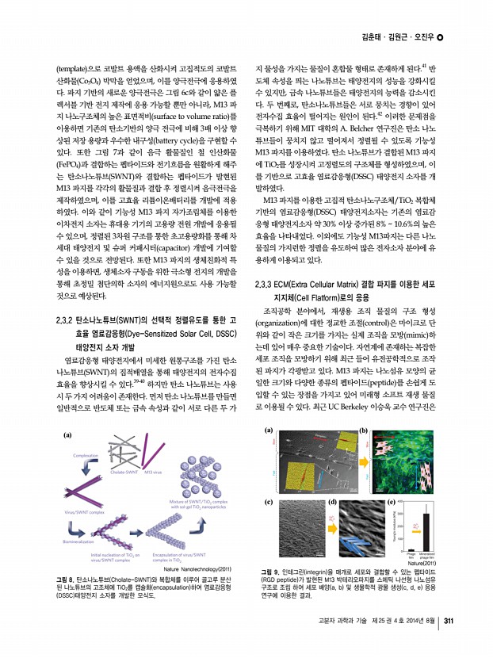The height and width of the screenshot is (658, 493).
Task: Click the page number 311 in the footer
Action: [x=449, y=642]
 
